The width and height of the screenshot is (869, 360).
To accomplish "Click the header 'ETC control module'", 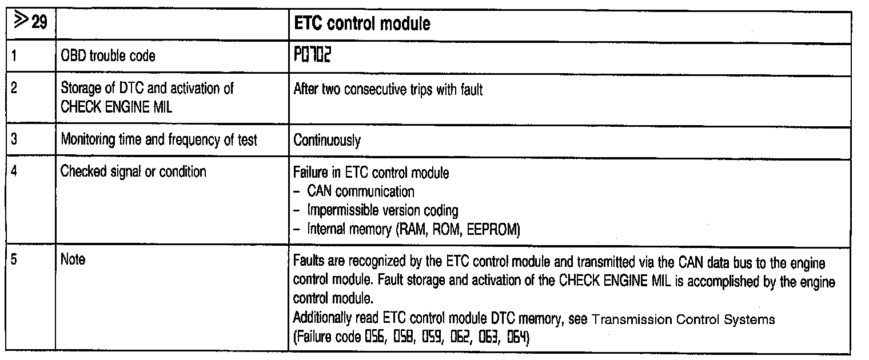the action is (x=361, y=25).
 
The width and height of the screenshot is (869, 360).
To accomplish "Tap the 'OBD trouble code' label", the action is (x=108, y=57).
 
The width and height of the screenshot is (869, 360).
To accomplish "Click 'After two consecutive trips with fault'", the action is (x=388, y=90).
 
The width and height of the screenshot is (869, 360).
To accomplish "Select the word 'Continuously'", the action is (x=327, y=140).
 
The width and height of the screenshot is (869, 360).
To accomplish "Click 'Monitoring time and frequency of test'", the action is (x=159, y=140).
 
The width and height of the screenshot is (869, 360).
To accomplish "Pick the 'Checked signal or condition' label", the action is (x=133, y=171).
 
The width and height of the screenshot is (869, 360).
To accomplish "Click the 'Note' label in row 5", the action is (x=73, y=260).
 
